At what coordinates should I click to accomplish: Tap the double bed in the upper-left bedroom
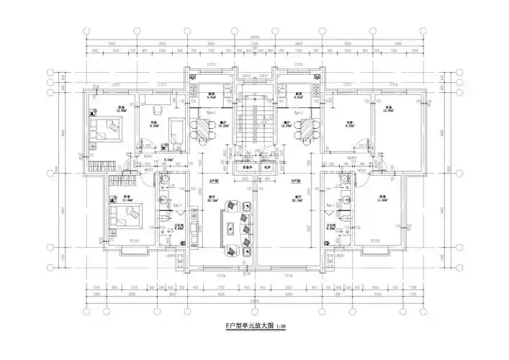[109, 130]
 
